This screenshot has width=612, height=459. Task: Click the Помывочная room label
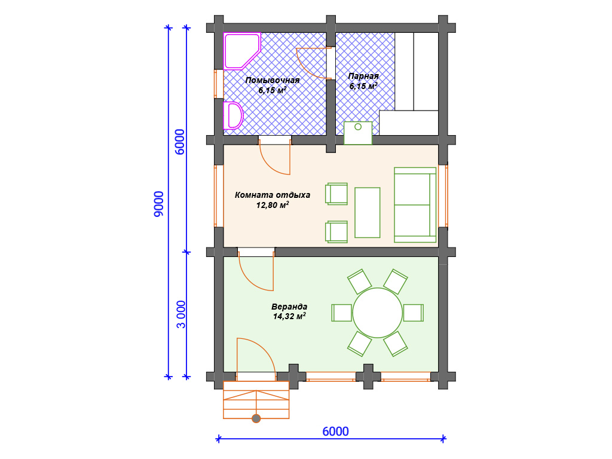[273, 81]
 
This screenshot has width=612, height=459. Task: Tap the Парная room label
[363, 76]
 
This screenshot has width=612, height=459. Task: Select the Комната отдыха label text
[273, 195]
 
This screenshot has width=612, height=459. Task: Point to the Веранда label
[289, 307]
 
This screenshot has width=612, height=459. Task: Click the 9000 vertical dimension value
[159, 204]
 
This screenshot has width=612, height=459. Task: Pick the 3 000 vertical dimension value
[180, 314]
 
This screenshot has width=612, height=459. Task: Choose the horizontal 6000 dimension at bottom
[336, 432]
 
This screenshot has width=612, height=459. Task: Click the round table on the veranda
[378, 313]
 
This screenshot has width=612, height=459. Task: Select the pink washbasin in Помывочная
[232, 115]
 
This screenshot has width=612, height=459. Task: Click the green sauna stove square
[358, 133]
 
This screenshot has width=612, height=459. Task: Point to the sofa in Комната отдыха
[415, 205]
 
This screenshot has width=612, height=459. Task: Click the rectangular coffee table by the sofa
[368, 212]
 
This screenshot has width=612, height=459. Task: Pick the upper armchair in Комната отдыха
[336, 194]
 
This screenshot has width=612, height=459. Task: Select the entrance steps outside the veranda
[256, 400]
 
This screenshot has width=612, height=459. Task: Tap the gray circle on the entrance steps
[256, 419]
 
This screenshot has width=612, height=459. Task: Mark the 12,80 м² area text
[273, 205]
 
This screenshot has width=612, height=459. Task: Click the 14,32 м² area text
[289, 316]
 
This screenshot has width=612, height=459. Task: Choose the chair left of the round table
[342, 313]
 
